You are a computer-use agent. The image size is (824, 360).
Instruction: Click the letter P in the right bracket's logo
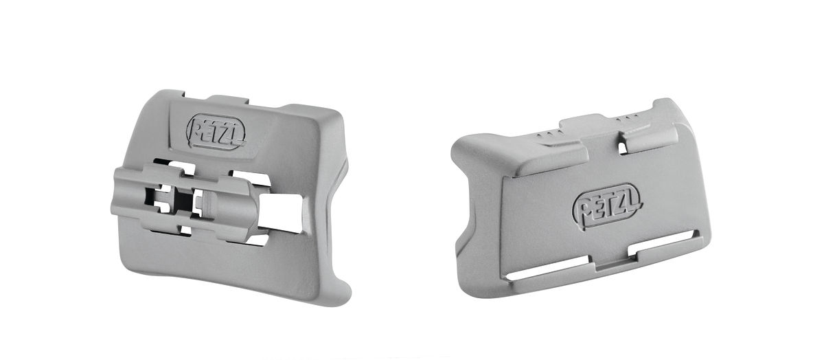coord(584,208)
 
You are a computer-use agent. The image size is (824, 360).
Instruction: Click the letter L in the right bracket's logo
coord(631,200)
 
